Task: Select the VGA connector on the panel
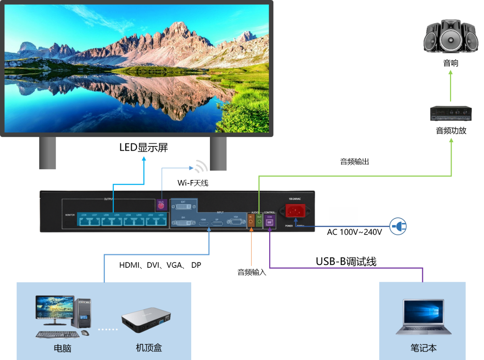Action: (x=236, y=222)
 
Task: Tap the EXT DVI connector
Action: (x=183, y=206)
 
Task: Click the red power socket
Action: (x=295, y=211)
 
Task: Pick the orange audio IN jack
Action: (x=251, y=221)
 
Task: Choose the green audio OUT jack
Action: (x=259, y=221)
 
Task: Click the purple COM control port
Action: (x=269, y=222)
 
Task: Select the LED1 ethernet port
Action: (x=161, y=221)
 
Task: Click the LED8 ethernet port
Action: (x=84, y=221)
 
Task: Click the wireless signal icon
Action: (x=201, y=166)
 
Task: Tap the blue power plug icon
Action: (x=398, y=227)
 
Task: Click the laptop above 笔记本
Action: (x=423, y=317)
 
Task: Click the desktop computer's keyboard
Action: (x=58, y=334)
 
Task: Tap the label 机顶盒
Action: (x=149, y=348)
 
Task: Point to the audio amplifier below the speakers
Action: (x=451, y=113)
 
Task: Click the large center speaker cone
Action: (x=451, y=37)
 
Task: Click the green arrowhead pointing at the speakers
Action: (x=451, y=72)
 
